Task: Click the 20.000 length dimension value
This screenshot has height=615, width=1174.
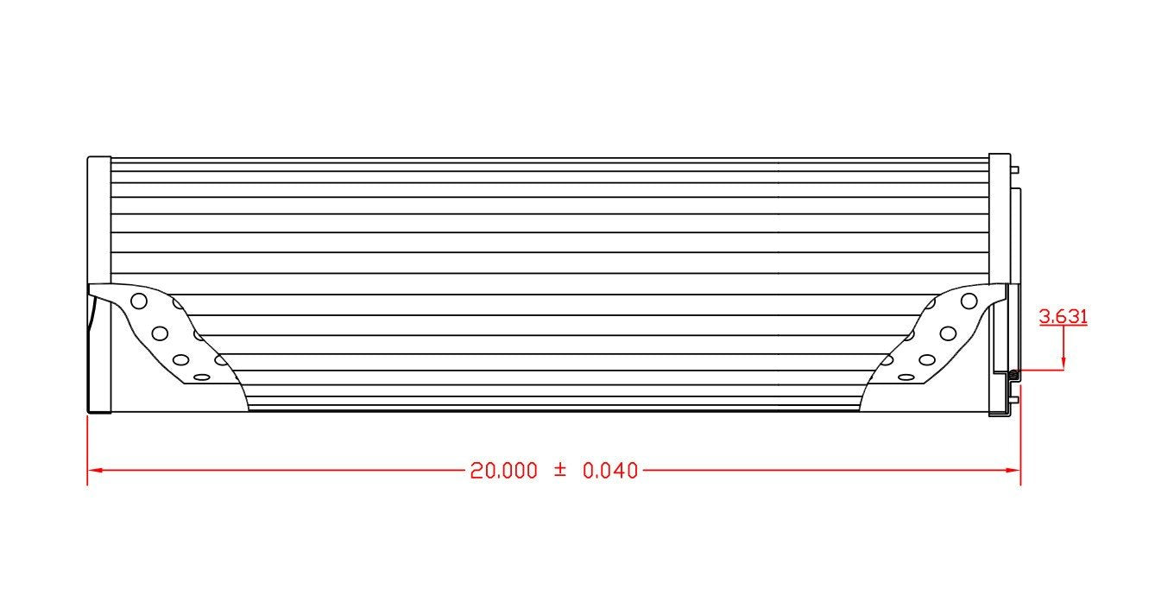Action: click(503, 471)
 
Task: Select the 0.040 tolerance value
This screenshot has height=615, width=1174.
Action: click(610, 471)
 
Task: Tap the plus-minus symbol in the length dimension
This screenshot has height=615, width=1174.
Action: click(559, 470)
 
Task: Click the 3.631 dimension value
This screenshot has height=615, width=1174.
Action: click(1063, 316)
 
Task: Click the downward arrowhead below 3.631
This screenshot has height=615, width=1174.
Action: click(1064, 363)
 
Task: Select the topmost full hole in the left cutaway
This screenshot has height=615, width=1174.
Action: click(138, 301)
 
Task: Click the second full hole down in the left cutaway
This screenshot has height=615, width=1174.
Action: click(160, 333)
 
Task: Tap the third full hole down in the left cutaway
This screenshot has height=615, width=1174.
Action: click(180, 359)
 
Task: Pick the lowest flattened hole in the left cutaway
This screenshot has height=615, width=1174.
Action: click(201, 377)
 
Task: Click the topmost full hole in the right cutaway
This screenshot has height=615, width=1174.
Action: click(969, 301)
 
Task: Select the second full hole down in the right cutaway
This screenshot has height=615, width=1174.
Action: click(948, 333)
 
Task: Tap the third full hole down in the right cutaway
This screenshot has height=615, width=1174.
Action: click(927, 359)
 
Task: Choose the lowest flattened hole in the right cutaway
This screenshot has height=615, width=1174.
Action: click(906, 377)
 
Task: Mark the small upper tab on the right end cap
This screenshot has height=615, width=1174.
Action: click(1015, 169)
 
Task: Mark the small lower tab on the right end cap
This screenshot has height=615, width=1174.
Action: click(1015, 399)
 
